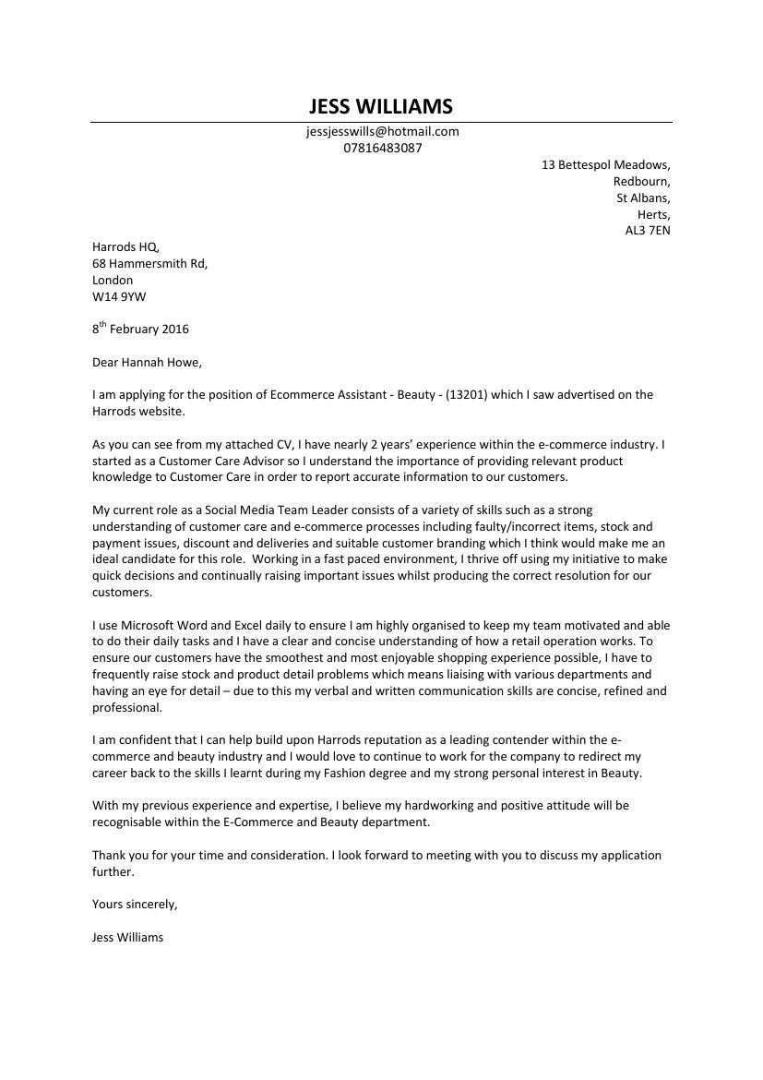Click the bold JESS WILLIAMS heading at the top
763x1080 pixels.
(x=381, y=106)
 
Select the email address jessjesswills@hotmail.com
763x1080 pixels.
(x=382, y=131)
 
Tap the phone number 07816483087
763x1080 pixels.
(x=382, y=148)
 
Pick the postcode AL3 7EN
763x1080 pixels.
(x=648, y=231)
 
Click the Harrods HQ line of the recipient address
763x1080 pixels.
(x=125, y=246)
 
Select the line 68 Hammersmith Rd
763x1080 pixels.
(x=149, y=263)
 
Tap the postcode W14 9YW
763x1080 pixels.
(x=119, y=296)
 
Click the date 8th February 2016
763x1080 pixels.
(x=140, y=329)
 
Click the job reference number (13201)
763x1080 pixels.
(x=466, y=394)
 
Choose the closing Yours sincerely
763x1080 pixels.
(x=135, y=904)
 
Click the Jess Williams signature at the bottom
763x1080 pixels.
(x=127, y=937)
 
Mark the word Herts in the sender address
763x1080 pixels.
(x=653, y=214)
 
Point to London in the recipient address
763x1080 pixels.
(x=113, y=280)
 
